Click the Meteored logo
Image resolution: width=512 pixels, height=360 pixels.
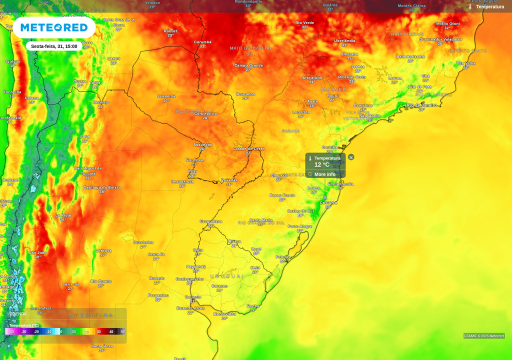tap(54, 27)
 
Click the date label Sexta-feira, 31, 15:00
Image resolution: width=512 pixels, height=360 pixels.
tap(54, 46)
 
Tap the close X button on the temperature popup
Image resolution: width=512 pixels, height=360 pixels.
tap(351, 157)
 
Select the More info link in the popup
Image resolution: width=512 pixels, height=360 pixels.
tap(324, 174)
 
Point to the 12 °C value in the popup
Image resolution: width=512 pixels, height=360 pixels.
tap(322, 164)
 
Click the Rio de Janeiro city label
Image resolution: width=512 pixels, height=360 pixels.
tap(421, 105)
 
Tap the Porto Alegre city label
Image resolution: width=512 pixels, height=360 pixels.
tap(300, 226)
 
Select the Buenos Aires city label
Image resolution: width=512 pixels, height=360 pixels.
tap(190, 308)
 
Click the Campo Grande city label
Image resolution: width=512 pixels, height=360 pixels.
tap(248, 65)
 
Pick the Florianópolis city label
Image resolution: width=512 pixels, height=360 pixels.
tap(340, 184)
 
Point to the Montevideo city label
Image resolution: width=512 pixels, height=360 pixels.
tap(224, 314)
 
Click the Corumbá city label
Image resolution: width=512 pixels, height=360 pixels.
tap(202, 42)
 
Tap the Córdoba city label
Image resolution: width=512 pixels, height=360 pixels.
tap(103, 251)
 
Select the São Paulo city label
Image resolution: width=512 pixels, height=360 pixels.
tap(369, 116)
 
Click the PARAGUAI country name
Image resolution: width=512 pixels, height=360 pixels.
tap(194, 111)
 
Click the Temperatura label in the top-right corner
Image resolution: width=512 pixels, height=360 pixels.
tap(489, 7)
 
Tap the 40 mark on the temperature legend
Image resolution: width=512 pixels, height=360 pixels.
tap(111, 331)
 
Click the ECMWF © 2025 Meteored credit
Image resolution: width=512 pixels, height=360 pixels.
tap(483, 336)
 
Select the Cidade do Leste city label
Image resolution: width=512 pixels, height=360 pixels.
tap(248, 149)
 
